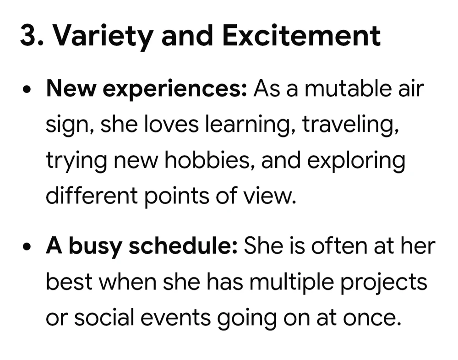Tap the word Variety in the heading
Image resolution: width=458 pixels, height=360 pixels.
click(x=104, y=38)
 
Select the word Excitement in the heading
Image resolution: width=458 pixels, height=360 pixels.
click(x=301, y=36)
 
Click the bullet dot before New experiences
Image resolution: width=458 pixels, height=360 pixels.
click(x=27, y=89)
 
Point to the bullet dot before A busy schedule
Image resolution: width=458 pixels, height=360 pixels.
click(x=27, y=246)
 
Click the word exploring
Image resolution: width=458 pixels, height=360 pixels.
click(x=356, y=161)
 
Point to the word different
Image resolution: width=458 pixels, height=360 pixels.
click(x=92, y=195)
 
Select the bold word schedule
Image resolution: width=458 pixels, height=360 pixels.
click(x=183, y=246)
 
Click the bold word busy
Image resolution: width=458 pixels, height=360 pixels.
click(x=95, y=247)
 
